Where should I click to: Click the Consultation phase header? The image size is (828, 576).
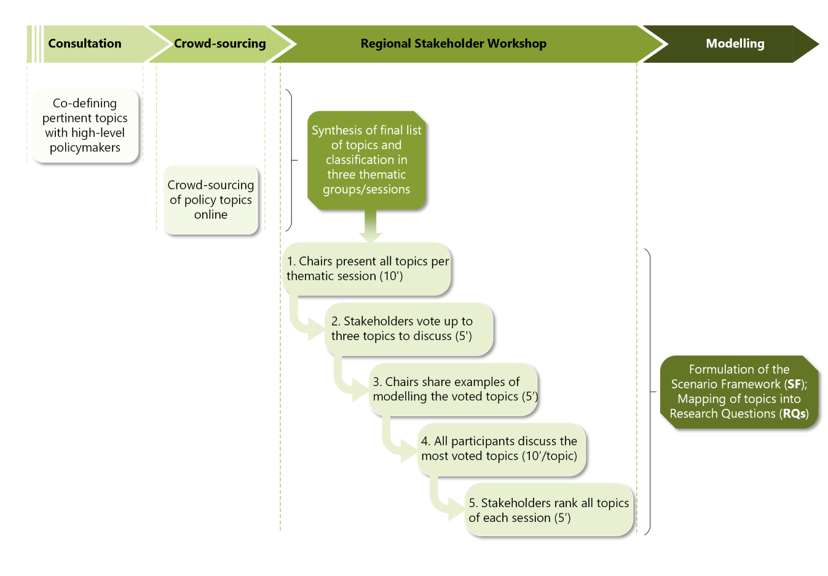(85, 44)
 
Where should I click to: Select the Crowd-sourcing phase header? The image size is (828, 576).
(219, 44)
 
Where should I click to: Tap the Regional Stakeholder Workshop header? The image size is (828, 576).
(453, 44)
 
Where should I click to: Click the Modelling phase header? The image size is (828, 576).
(735, 44)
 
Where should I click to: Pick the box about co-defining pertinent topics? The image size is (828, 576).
(85, 125)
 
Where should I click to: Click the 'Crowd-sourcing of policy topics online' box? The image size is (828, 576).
(210, 200)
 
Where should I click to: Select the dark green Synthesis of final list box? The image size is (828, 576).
(366, 160)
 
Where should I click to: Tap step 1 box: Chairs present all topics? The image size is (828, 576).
(367, 269)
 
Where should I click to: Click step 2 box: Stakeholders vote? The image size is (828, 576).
(408, 329)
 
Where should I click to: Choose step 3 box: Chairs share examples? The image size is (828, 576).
(454, 389)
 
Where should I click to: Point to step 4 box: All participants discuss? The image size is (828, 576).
(500, 449)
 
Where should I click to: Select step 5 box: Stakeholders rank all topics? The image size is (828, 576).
(548, 510)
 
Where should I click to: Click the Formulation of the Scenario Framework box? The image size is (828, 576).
(739, 392)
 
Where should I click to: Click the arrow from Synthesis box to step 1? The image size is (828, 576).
(370, 227)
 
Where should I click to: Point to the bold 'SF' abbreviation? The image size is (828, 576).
(794, 384)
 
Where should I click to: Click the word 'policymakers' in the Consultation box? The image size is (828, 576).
(85, 148)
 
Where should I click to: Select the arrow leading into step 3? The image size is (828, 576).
(348, 384)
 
